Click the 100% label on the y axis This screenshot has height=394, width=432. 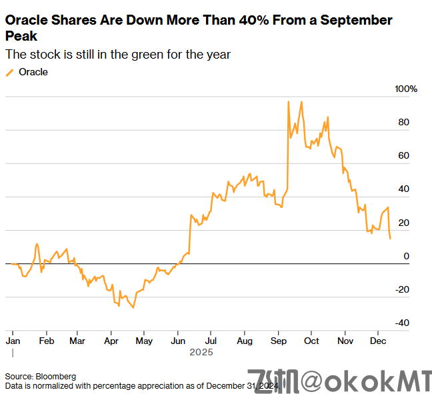(406, 89)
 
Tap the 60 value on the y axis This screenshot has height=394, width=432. (403, 156)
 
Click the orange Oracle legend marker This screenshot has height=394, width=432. (9, 72)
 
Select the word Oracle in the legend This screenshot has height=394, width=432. (33, 72)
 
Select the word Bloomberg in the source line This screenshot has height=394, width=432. (55, 376)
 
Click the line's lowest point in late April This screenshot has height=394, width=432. (133, 307)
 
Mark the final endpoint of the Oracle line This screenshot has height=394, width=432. (390, 238)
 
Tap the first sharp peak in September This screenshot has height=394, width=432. (288, 102)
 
